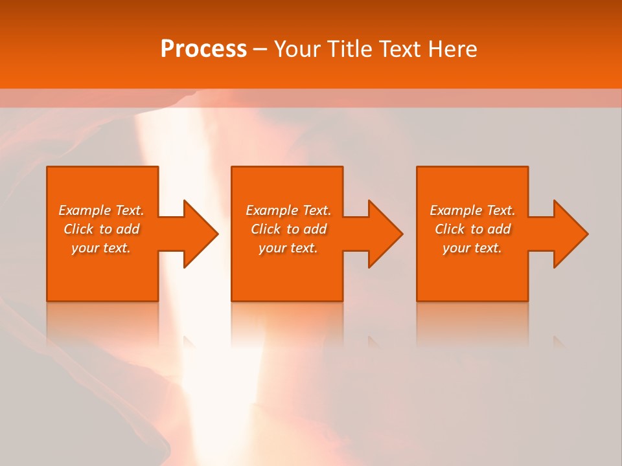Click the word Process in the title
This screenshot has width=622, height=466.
[x=203, y=49]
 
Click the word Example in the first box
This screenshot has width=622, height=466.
[x=85, y=210]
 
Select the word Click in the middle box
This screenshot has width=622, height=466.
[x=266, y=229]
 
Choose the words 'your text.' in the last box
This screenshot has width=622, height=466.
[x=472, y=248]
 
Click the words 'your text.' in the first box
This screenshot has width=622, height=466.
[x=101, y=248]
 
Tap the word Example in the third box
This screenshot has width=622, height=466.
[x=456, y=210]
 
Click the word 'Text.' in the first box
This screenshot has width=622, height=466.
[x=129, y=210]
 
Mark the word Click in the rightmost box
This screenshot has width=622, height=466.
[x=450, y=229]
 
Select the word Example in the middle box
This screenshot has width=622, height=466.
[x=272, y=210]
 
